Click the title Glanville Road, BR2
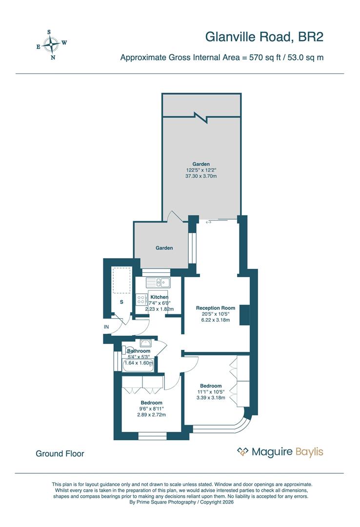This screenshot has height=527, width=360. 264,37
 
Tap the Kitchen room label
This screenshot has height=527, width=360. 160,297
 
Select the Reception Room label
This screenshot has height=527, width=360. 216,308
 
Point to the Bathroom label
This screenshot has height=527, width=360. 139,351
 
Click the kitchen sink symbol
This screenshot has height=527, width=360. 157,282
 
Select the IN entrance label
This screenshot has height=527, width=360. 106,326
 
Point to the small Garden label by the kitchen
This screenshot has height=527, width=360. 164,248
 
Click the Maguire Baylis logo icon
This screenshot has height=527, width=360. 242,452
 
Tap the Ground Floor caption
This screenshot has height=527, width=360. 60,454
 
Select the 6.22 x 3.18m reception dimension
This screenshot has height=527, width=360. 216,320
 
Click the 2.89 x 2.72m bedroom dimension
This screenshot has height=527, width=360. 152,415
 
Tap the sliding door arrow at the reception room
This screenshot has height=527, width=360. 209,223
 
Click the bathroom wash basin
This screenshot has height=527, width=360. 145,343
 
